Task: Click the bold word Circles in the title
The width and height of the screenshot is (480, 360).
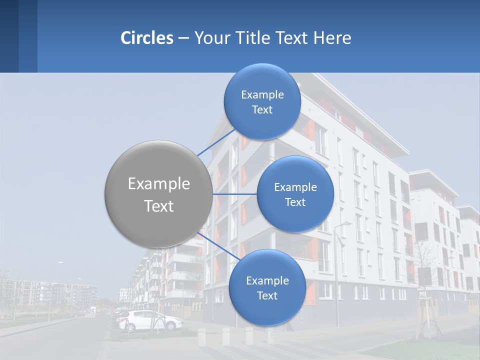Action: [x=146, y=38]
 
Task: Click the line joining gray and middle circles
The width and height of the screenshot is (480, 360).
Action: [x=234, y=194]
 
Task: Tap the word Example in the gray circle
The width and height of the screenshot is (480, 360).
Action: [x=159, y=184]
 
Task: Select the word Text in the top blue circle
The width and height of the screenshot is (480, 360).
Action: [x=262, y=110]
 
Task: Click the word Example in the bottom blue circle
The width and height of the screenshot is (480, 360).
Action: [x=267, y=280]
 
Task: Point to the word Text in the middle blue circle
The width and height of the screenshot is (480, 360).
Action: [x=295, y=202]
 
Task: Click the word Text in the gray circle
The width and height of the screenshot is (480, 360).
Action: [x=159, y=206]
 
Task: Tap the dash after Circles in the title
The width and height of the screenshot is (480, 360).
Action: [x=183, y=38]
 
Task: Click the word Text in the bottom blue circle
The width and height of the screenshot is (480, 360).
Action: [x=267, y=296]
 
